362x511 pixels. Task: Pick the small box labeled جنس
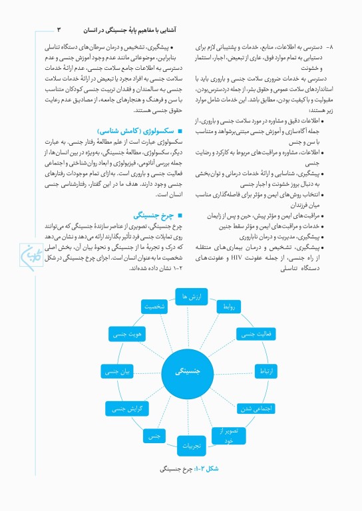coord(155,435)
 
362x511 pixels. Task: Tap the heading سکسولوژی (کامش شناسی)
coord(128,132)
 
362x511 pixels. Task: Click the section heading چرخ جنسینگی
coord(154,216)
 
